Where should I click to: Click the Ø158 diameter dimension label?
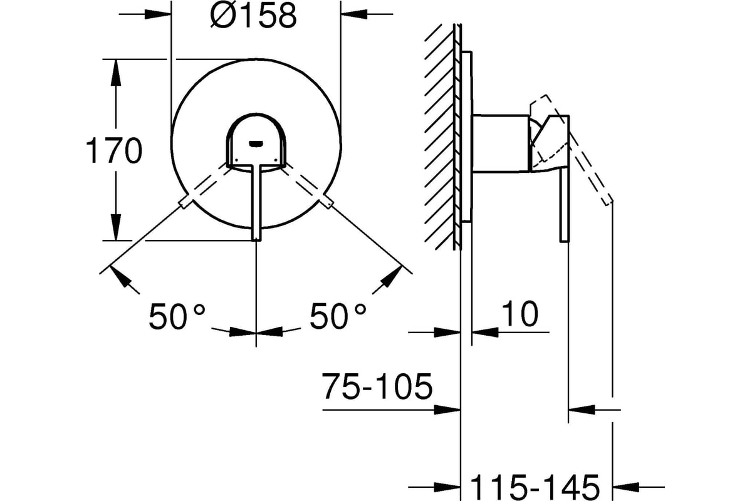coord(254,16)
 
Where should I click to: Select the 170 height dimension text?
coord(114,151)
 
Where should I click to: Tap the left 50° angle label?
coord(177,316)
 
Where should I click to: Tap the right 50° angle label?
coord(338,316)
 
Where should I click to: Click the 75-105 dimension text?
coord(377,386)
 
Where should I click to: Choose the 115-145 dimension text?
coord(535,487)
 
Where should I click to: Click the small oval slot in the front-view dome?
coord(256,143)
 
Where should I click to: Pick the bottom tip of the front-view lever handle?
coord(256,240)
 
